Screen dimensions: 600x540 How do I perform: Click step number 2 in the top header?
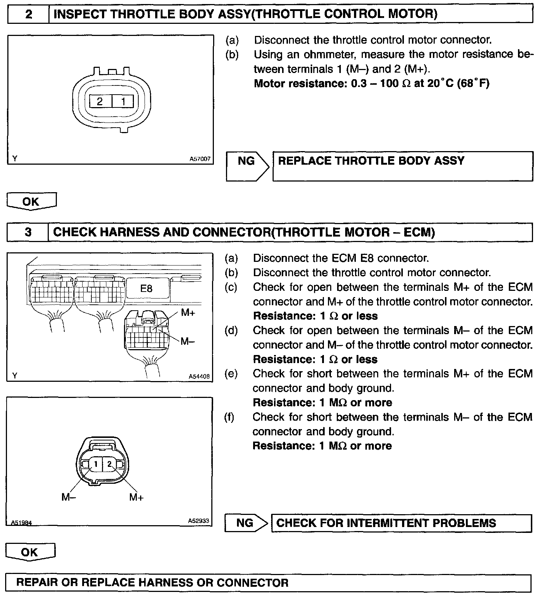[28, 15]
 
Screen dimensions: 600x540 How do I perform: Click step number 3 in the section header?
[28, 232]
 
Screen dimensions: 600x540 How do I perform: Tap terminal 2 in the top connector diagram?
[100, 101]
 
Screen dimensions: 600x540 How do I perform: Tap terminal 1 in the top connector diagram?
[123, 101]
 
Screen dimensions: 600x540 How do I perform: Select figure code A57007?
[200, 159]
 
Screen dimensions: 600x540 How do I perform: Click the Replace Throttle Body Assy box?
[402, 166]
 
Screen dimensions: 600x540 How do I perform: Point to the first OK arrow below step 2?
[31, 201]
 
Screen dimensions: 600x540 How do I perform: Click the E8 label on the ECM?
[146, 289]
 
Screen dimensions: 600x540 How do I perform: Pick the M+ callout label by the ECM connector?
[188, 312]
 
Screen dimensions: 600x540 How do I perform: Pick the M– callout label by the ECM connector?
[188, 341]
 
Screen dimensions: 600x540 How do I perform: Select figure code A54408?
[199, 376]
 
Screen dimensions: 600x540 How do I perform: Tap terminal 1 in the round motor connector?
[96, 464]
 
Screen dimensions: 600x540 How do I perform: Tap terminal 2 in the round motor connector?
[109, 464]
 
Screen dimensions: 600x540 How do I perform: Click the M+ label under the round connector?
[136, 497]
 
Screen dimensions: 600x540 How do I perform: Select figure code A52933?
[198, 520]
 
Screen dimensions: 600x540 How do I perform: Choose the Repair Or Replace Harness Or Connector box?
[269, 583]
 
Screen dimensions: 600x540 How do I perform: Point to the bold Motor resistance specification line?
[372, 84]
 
